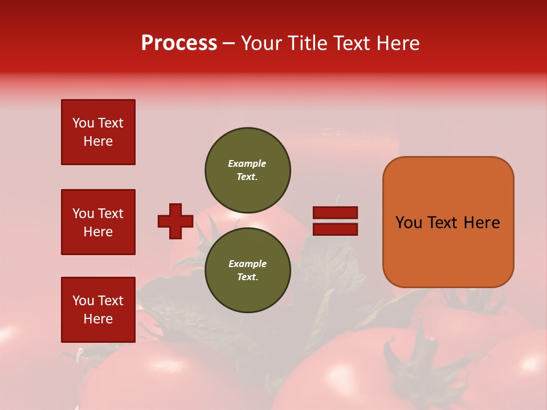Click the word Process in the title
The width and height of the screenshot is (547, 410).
[179, 43]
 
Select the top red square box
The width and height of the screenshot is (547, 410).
[98, 132]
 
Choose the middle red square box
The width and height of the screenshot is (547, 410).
[98, 222]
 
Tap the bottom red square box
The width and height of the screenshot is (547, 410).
[98, 310]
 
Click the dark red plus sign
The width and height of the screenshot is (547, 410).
[175, 221]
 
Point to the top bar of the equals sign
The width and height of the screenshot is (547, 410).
[335, 213]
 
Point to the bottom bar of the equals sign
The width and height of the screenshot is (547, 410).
[335, 229]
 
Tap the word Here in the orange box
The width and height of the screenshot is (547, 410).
[481, 223]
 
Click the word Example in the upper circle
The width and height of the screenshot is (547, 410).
[247, 163]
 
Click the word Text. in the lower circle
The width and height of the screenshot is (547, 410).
[247, 277]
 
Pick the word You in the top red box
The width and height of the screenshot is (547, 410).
[83, 123]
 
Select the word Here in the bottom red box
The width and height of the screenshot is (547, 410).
[98, 319]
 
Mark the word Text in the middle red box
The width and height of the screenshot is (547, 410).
[111, 214]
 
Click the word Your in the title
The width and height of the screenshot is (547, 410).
[262, 43]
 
